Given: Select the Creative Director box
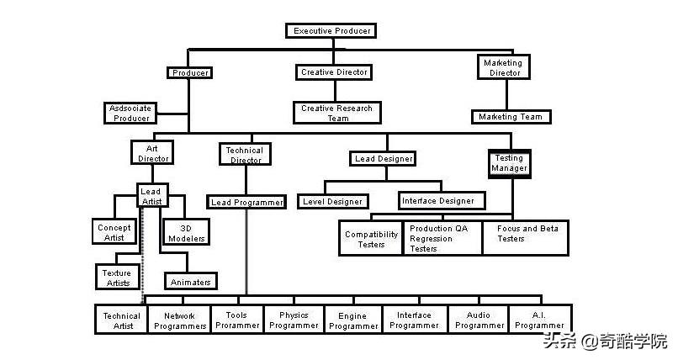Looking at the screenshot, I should [x=334, y=72].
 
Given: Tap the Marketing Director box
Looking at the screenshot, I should [x=503, y=67].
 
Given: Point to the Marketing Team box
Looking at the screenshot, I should [x=511, y=117].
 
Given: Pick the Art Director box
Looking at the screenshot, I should [x=152, y=152].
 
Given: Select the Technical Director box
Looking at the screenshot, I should [x=245, y=155].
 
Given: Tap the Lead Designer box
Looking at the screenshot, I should [x=383, y=158].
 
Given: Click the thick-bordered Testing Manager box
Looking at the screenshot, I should [x=509, y=162].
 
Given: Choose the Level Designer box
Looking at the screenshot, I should [x=332, y=202].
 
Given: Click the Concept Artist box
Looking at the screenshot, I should [x=114, y=231].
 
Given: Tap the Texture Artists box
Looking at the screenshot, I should [x=117, y=277].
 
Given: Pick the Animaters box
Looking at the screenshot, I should [x=191, y=282].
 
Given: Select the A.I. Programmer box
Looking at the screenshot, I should [x=540, y=320].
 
